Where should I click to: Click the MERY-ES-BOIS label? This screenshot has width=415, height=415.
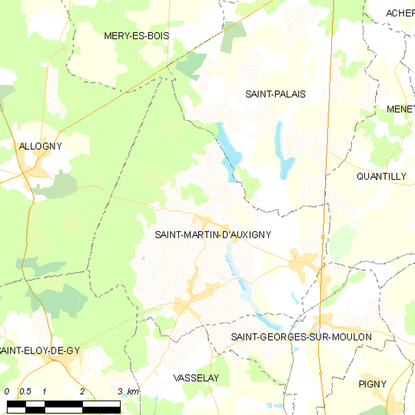[x=137, y=36]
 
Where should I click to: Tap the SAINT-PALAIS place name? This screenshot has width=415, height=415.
[x=275, y=94]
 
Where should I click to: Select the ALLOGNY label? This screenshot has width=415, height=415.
[x=41, y=145]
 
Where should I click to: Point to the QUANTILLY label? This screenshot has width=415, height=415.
[x=381, y=176]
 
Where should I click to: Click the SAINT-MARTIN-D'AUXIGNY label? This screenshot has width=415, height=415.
[x=214, y=235]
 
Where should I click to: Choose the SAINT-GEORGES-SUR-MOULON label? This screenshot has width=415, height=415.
[x=301, y=337]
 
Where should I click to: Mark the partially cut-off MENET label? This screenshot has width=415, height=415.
[x=400, y=109]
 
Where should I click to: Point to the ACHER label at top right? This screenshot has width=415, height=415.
[x=400, y=13]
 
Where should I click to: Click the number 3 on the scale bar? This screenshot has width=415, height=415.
[x=120, y=392]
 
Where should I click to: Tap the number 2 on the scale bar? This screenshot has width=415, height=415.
[x=82, y=392]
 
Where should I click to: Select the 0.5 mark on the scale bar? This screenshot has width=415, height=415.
[x=25, y=392]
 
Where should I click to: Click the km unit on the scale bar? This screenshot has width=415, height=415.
[x=134, y=392]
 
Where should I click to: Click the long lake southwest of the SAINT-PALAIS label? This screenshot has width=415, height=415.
[x=227, y=146]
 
